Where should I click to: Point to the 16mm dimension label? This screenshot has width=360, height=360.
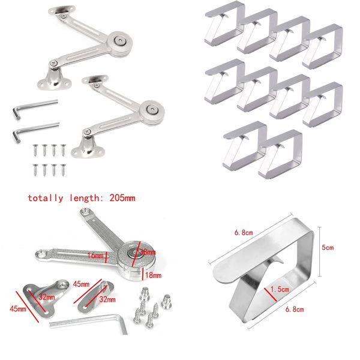click(95, 255)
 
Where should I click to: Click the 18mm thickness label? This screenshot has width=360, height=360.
click(154, 275)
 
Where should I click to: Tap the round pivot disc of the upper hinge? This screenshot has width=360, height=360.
click(122, 41)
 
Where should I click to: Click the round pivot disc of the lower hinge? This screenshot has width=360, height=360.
click(151, 110)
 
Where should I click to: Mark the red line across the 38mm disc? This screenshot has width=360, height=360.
click(139, 251)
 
